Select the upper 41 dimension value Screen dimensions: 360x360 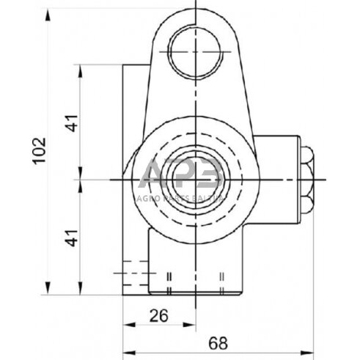tap(71, 122)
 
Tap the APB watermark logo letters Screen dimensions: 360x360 tap(180, 176)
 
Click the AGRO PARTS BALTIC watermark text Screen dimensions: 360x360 tap(180, 197)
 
